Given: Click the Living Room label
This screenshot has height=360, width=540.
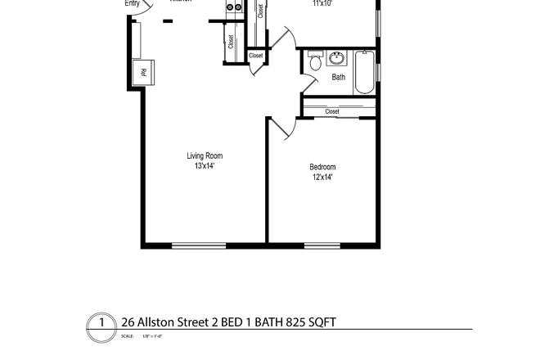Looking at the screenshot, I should coord(204,156).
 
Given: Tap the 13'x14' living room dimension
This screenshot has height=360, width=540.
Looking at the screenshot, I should coord(204,166).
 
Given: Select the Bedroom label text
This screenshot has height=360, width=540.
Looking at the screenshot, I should coord(323,167).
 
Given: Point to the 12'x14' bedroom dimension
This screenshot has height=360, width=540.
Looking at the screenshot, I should coord(323,177).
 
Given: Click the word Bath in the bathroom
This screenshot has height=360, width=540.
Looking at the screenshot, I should coord(338,78).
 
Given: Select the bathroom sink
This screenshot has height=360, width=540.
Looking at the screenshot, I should coord(337,59).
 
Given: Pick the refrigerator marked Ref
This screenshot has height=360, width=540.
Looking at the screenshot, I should coord(145,72).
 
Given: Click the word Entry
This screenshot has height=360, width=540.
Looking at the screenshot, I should coord(132,3).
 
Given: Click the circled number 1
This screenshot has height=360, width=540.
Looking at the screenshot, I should coord(101,322).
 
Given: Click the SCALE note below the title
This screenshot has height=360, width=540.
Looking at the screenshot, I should coord(127,336).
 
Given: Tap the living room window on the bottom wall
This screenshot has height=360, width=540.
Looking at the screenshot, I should coord(199,245).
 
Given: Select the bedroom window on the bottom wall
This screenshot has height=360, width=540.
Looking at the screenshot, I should coord(322,245).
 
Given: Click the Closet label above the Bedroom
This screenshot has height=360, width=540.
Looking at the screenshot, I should coord(332,111).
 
